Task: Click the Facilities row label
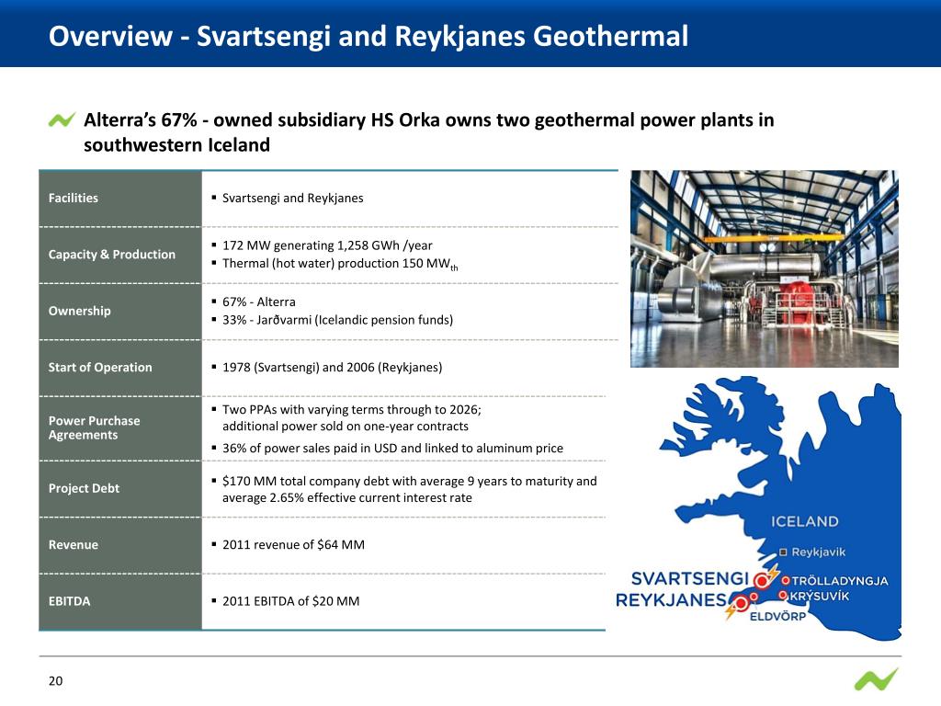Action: (74, 198)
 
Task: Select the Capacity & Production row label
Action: (112, 255)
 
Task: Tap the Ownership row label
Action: (80, 311)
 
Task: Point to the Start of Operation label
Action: (100, 368)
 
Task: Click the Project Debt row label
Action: (84, 488)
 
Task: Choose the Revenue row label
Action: (74, 545)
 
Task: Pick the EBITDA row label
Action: (70, 601)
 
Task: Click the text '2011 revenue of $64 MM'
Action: (293, 545)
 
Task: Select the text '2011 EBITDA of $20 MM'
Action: (290, 601)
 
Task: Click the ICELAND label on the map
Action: (804, 521)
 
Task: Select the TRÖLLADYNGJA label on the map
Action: (839, 581)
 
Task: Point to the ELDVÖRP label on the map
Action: (777, 616)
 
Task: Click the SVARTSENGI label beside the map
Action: (689, 579)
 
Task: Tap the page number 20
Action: (55, 681)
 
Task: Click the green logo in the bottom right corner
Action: (876, 680)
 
